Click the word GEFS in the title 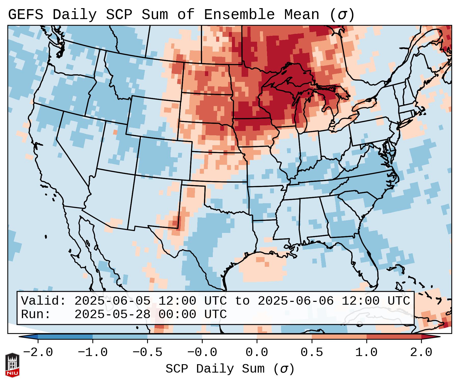[25, 15]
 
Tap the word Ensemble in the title [239, 15]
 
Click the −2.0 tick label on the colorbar [38, 352]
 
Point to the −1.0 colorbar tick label [93, 352]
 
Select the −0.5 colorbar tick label [147, 352]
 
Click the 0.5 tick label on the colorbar [312, 352]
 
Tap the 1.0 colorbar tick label [366, 352]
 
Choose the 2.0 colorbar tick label [421, 352]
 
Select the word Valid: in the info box [44, 301]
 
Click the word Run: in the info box [36, 315]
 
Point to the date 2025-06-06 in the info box [296, 301]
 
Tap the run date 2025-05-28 [112, 315]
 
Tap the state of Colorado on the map [164, 159]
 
